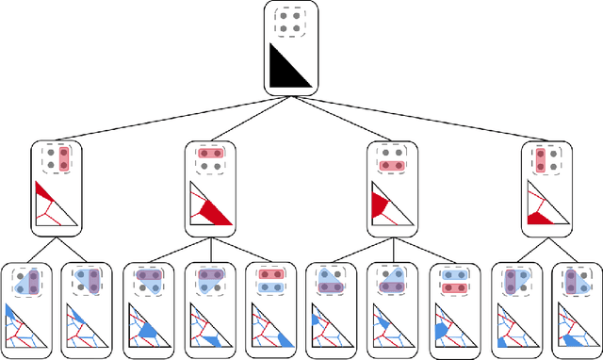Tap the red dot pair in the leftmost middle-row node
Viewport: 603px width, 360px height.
click(x=64, y=157)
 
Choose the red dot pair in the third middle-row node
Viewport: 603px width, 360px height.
click(x=393, y=164)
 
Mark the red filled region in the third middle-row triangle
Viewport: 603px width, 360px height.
click(x=381, y=205)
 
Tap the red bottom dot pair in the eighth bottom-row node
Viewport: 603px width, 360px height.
click(x=456, y=285)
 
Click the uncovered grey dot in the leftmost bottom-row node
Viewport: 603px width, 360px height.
click(x=21, y=272)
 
